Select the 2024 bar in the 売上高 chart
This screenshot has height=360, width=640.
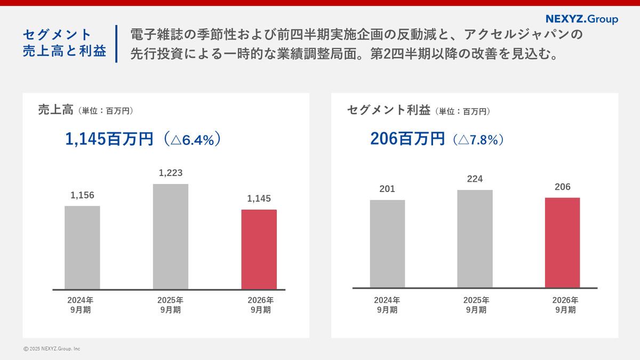click(x=82, y=247)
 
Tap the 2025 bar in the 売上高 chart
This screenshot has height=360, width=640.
click(x=171, y=236)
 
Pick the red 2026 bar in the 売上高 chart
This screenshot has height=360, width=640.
click(x=259, y=249)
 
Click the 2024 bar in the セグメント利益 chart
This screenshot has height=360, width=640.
click(x=387, y=244)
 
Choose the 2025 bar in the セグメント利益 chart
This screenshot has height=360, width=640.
click(x=475, y=239)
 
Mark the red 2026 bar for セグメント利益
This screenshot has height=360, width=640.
click(x=562, y=243)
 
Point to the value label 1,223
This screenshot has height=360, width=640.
click(x=171, y=173)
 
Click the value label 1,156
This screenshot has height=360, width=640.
click(x=82, y=195)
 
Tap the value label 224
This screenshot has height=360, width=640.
click(x=475, y=179)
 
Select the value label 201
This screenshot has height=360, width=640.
click(x=387, y=189)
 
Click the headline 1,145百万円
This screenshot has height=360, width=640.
click(x=109, y=140)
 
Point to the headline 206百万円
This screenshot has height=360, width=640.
click(x=407, y=140)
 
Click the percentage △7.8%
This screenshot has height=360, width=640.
click(x=478, y=140)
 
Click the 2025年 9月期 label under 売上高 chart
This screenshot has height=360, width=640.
click(x=171, y=305)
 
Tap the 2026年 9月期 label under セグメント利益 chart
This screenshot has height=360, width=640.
click(x=562, y=305)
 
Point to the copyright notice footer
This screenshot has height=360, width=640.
click(x=52, y=349)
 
